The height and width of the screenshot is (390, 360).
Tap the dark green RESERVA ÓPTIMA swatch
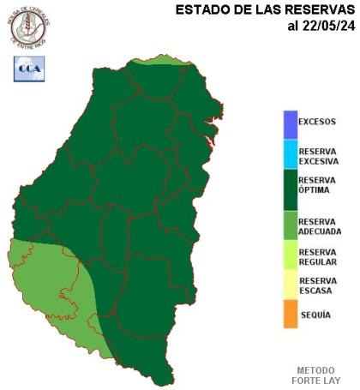point(291,190)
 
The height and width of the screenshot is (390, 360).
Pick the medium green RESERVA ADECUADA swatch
point(291,226)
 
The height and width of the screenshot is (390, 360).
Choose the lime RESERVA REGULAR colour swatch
point(291,256)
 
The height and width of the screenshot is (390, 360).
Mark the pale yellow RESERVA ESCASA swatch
point(291,285)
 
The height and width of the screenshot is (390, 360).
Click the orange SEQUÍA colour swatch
point(291,314)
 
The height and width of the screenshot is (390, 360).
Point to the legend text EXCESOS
point(317,122)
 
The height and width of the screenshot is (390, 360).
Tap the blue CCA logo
point(28,69)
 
